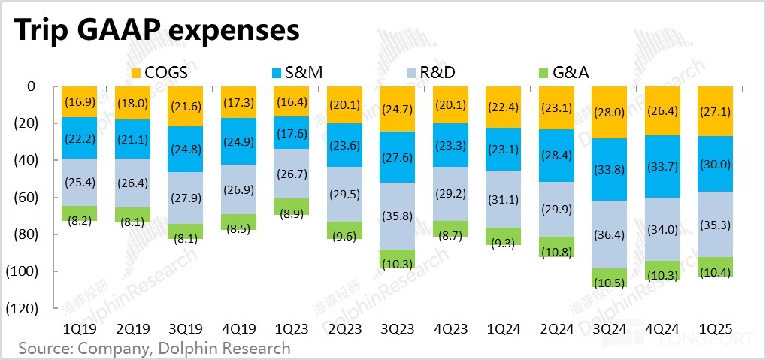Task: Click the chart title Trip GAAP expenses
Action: [x=156, y=31]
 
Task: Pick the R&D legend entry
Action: [x=429, y=72]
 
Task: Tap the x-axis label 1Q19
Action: [x=78, y=328]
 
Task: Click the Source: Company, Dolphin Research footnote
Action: [x=153, y=348]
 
